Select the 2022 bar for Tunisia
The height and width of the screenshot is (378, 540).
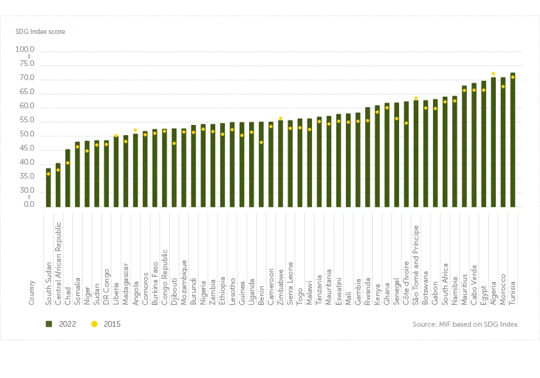pos(512,141)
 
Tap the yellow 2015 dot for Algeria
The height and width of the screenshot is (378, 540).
pos(493,74)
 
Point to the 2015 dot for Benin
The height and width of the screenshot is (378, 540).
pos(261,142)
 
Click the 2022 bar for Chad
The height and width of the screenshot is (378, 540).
pos(68,179)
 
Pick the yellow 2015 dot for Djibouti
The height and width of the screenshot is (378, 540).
pos(174,143)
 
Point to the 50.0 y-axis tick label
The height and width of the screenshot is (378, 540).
pos(26,136)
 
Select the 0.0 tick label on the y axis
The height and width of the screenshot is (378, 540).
pos(28,205)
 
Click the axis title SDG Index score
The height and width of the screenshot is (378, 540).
pos(40,31)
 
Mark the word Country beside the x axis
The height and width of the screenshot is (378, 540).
pos(31,292)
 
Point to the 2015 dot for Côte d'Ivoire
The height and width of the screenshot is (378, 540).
pos(406,123)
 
